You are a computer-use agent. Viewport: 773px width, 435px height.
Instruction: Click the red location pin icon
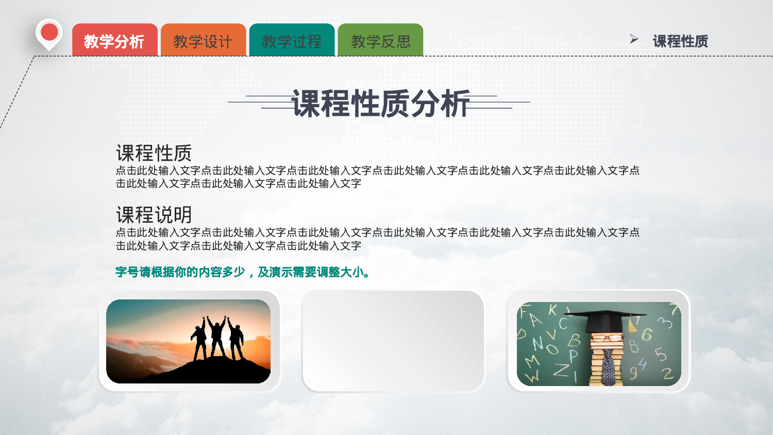[x=49, y=33]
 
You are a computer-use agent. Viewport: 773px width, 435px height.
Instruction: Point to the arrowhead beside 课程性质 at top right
[x=634, y=39]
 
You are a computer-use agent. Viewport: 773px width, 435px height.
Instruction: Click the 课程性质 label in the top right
[x=680, y=41]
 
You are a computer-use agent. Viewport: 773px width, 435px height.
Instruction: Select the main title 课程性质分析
[x=380, y=103]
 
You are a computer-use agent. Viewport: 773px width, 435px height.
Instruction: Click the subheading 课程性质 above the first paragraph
[x=154, y=153]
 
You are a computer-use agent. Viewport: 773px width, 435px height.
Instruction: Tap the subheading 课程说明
[x=154, y=215]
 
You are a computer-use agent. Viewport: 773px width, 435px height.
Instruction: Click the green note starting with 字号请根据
[x=243, y=272]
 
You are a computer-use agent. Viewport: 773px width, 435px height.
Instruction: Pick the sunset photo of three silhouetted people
[x=188, y=341]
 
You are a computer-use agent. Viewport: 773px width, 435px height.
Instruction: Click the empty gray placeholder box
[x=393, y=341]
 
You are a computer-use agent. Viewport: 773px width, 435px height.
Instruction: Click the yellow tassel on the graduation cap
[x=632, y=325]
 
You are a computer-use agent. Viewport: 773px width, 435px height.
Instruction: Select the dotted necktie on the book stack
[x=609, y=367]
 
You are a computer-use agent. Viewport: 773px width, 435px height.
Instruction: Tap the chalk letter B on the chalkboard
[x=574, y=340]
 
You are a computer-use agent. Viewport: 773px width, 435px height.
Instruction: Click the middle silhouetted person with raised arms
[x=216, y=338]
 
